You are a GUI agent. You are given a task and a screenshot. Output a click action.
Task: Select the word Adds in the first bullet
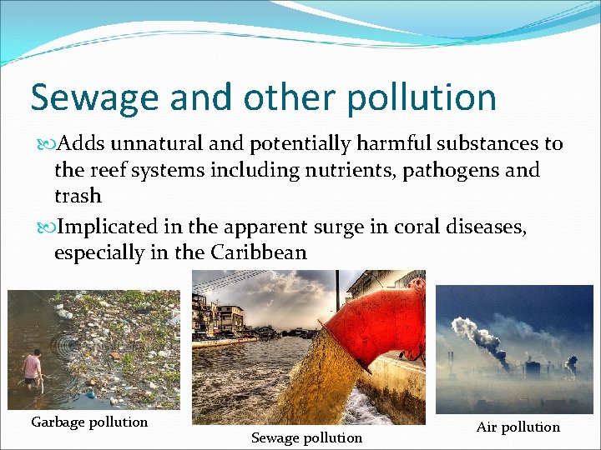pyautogui.click(x=80, y=144)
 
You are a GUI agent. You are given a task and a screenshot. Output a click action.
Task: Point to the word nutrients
pyautogui.click(x=364, y=170)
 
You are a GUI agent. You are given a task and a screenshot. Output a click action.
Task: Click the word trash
pyautogui.click(x=77, y=196)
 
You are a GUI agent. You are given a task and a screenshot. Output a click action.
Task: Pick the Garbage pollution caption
pyautogui.click(x=89, y=422)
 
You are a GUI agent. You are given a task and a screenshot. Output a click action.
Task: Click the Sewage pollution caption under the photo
pyautogui.click(x=306, y=437)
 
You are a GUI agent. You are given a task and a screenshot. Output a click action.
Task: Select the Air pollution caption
pyautogui.click(x=518, y=427)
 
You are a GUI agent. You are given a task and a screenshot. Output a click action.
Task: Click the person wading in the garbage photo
pyautogui.click(x=32, y=367)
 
